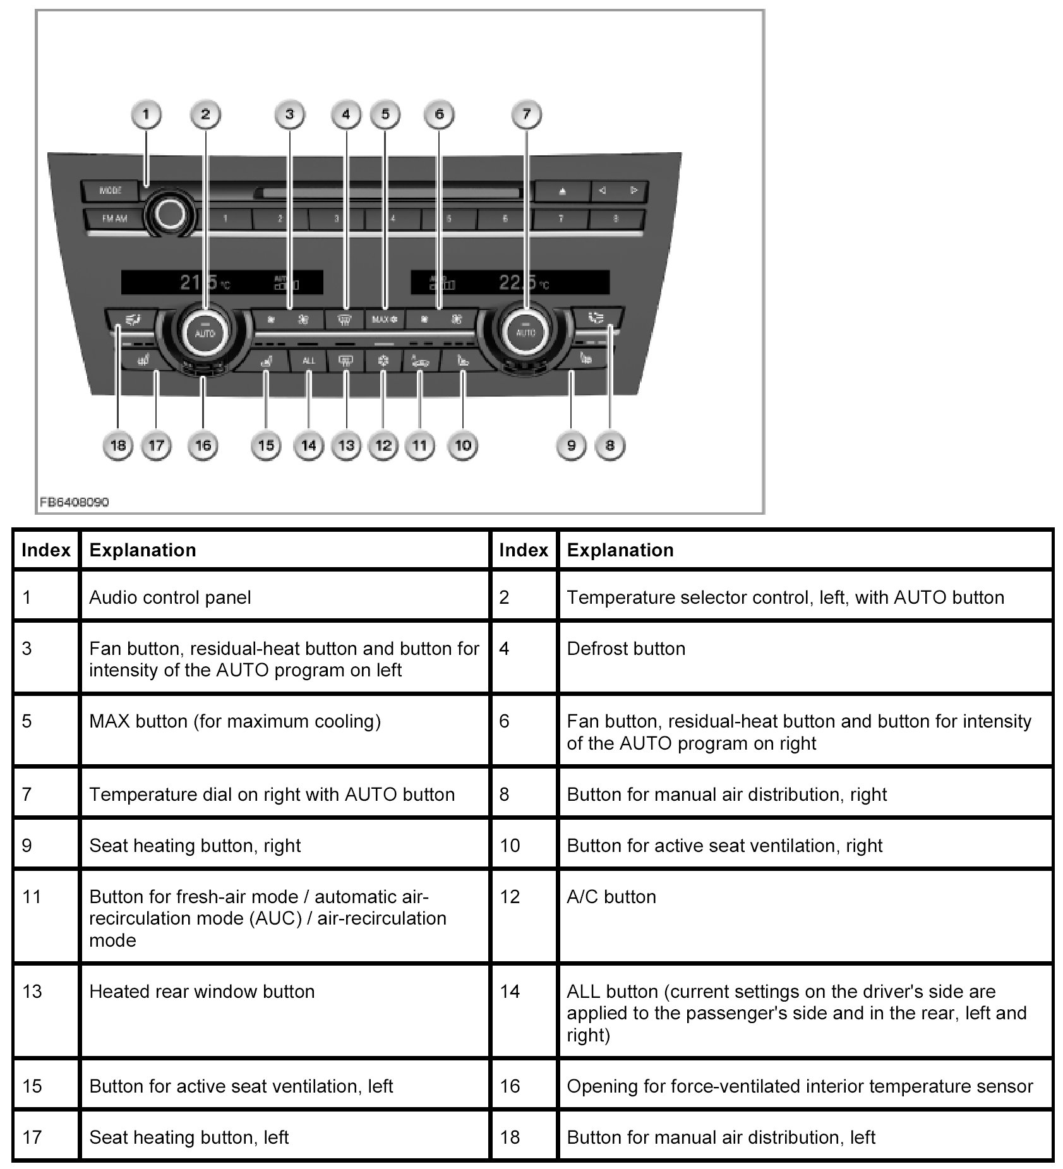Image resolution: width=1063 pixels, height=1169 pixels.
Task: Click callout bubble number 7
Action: point(527,115)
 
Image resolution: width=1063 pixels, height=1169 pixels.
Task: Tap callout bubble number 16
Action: point(203,446)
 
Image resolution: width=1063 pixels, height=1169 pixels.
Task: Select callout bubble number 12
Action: point(383,446)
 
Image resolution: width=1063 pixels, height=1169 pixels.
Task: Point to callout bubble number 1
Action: point(147,115)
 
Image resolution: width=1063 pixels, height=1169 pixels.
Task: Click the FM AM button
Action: point(114,219)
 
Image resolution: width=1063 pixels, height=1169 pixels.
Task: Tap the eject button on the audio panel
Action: point(562,191)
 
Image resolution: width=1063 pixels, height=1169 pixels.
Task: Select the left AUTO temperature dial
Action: point(205,332)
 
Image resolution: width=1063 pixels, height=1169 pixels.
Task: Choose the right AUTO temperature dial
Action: point(526,331)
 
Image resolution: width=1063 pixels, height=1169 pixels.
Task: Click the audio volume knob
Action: point(170,215)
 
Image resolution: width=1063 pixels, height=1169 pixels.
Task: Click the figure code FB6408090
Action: point(74,502)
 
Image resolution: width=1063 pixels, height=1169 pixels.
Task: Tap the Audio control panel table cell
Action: point(284,597)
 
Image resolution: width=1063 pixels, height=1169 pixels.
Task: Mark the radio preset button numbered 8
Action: point(616,219)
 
